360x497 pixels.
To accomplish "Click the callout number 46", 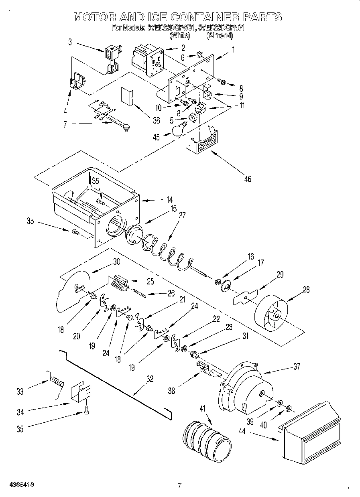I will tap(248, 179).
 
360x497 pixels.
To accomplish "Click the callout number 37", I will tap(297, 366).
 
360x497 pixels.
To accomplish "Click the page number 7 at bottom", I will tap(180, 485).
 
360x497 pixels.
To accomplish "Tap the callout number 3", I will tap(70, 41).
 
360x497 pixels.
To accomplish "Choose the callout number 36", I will tap(156, 120).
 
